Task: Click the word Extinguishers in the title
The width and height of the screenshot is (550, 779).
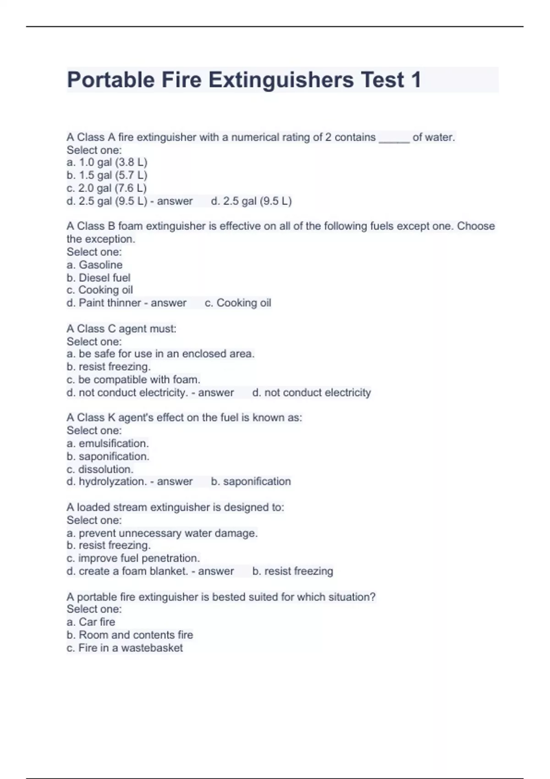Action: tap(281, 80)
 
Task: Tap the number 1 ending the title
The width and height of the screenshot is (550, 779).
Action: tap(416, 80)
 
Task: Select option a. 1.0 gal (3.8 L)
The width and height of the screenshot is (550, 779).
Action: tap(107, 163)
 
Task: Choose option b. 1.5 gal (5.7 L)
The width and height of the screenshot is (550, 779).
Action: tap(107, 176)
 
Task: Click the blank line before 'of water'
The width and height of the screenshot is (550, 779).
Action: tap(394, 138)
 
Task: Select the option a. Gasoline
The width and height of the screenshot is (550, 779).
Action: tap(94, 265)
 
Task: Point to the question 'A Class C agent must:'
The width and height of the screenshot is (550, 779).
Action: tap(121, 329)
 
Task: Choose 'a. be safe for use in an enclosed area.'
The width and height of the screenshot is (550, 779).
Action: tap(160, 354)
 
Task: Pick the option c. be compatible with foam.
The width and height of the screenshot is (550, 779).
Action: tap(133, 380)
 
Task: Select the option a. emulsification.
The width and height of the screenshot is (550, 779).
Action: tap(108, 444)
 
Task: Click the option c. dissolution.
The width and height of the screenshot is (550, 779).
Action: tap(100, 469)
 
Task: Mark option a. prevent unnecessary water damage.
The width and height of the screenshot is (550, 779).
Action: tap(162, 533)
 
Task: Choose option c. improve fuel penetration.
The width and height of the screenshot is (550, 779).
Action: tap(133, 559)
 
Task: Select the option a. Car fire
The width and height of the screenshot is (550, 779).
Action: tap(91, 622)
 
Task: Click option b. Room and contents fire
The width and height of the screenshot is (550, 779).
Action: tap(130, 635)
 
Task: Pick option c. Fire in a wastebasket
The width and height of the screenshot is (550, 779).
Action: tap(125, 648)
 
